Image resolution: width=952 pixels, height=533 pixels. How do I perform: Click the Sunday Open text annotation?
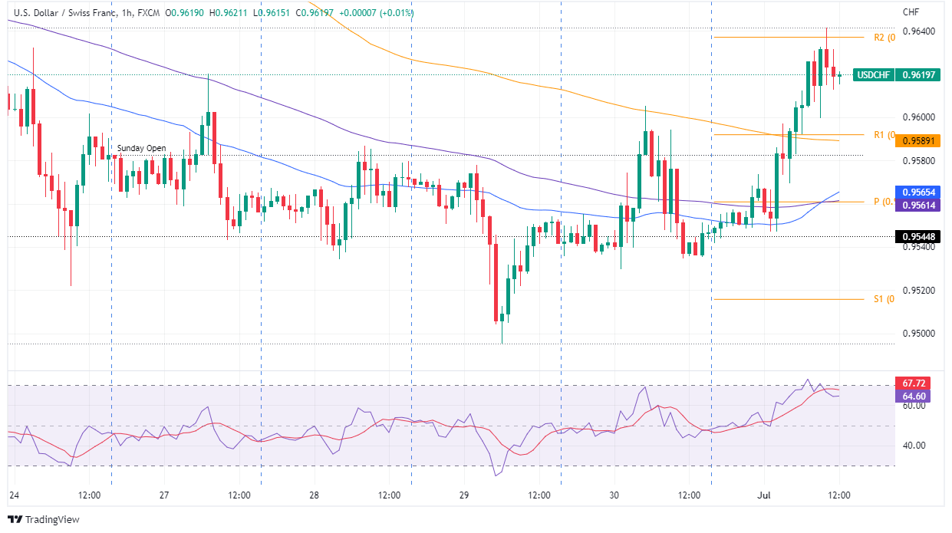pyautogui.click(x=141, y=148)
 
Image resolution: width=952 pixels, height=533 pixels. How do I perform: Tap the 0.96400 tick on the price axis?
pyautogui.click(x=919, y=31)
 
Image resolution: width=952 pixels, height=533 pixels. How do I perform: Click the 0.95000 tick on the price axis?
pyautogui.click(x=919, y=334)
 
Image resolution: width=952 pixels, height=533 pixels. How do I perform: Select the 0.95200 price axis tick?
pyautogui.click(x=919, y=291)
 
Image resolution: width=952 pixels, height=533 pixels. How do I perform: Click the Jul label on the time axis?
pyautogui.click(x=765, y=495)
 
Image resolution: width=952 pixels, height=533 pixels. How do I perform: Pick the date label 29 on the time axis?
pyautogui.click(x=463, y=495)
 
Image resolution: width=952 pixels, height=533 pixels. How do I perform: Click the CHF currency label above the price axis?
pyautogui.click(x=911, y=12)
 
